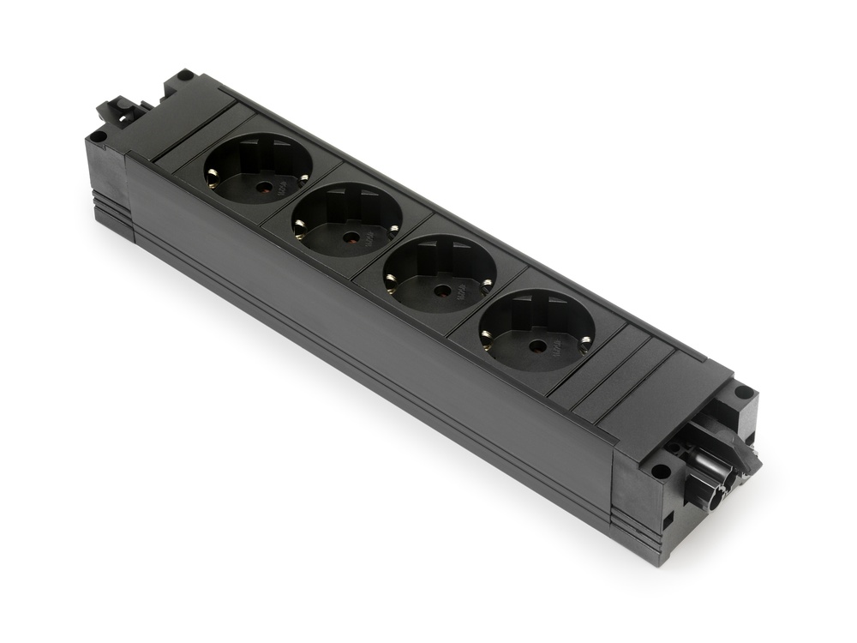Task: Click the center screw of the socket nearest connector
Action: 537,346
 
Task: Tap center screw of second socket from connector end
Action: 442,291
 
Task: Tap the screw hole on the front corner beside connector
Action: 661,471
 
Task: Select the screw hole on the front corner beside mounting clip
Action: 99,135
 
